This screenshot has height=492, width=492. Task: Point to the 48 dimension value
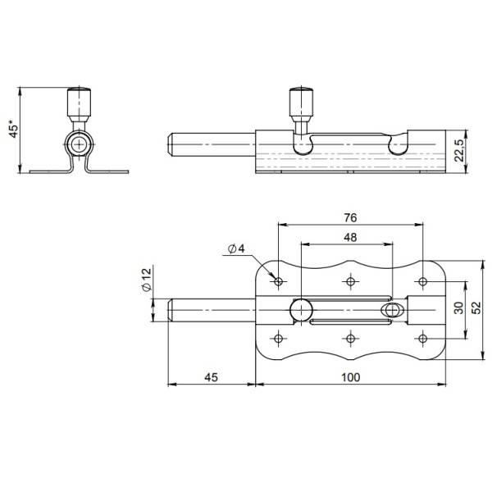tap(349, 237)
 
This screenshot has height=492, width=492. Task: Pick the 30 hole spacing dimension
tap(458, 309)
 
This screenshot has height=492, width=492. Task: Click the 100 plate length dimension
tap(350, 378)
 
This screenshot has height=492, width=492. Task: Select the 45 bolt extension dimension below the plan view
tap(210, 378)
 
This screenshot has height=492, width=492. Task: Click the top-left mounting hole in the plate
tap(279, 281)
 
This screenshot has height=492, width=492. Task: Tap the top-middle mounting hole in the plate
tap(351, 281)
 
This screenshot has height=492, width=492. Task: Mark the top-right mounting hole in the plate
tap(423, 281)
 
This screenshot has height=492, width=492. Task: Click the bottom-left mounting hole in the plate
tap(279, 338)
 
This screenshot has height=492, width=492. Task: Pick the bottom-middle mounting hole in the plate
tap(351, 338)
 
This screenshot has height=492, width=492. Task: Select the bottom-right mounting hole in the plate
tap(423, 338)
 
